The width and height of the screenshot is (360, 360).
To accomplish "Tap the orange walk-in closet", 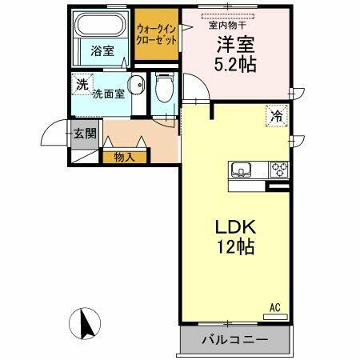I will click(x=156, y=34).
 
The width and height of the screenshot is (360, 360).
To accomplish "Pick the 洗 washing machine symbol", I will click(x=82, y=83).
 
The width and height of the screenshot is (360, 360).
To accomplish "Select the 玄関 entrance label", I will click(x=85, y=134).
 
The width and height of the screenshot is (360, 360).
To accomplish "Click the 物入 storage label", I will click(x=124, y=156).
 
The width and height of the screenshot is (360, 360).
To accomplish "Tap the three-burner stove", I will click(x=278, y=170).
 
